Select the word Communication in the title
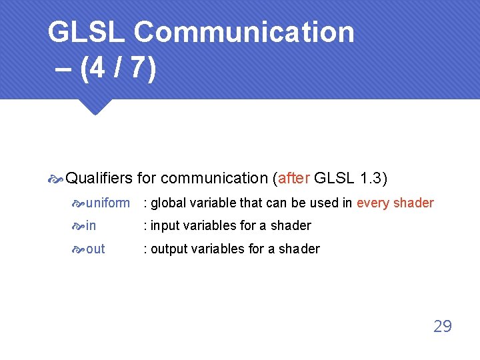[x=244, y=32]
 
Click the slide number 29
[x=442, y=326]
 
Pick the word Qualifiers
[x=100, y=178]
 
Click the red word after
[x=293, y=178]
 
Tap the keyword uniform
[x=108, y=203]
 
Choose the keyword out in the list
[x=95, y=249]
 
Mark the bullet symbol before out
[x=79, y=249]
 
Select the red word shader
[x=413, y=203]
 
